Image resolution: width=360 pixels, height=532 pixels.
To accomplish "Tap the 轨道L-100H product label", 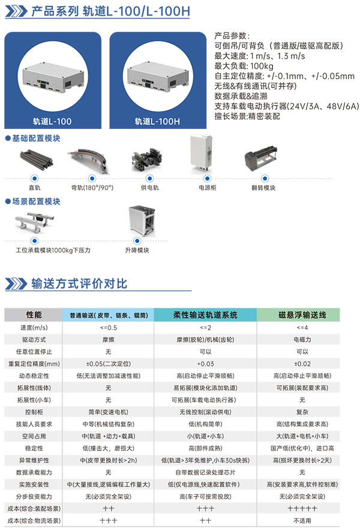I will (x=158, y=122).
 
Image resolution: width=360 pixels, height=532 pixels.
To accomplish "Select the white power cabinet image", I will (x=201, y=154).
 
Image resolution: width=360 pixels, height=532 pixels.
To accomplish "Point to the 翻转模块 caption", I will (x=264, y=188).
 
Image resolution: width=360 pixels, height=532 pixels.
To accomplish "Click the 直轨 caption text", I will (x=35, y=188).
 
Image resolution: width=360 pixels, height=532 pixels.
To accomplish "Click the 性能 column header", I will (x=34, y=314).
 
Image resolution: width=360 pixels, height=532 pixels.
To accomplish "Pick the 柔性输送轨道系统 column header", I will (x=205, y=314).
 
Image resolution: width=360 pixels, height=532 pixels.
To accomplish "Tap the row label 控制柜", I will (x=34, y=412).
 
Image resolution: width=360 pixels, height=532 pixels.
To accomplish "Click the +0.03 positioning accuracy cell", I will (x=205, y=364).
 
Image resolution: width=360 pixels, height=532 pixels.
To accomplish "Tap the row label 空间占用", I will (x=34, y=436).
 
